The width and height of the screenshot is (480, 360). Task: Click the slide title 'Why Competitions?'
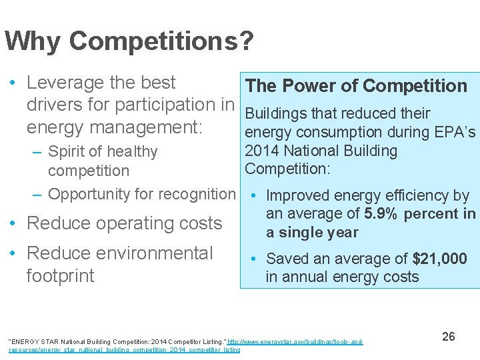coord(129,41)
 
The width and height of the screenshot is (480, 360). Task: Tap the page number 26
coord(449,337)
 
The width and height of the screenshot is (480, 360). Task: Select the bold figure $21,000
coord(440,259)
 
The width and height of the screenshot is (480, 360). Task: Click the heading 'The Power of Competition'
coord(356,86)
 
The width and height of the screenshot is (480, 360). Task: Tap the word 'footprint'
coord(60,275)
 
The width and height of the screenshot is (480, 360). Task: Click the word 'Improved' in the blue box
coord(297,195)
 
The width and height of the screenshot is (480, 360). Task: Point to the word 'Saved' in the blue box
coord(287,259)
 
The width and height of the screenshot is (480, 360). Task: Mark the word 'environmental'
coord(156,253)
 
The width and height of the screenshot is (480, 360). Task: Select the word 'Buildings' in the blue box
coord(277,113)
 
